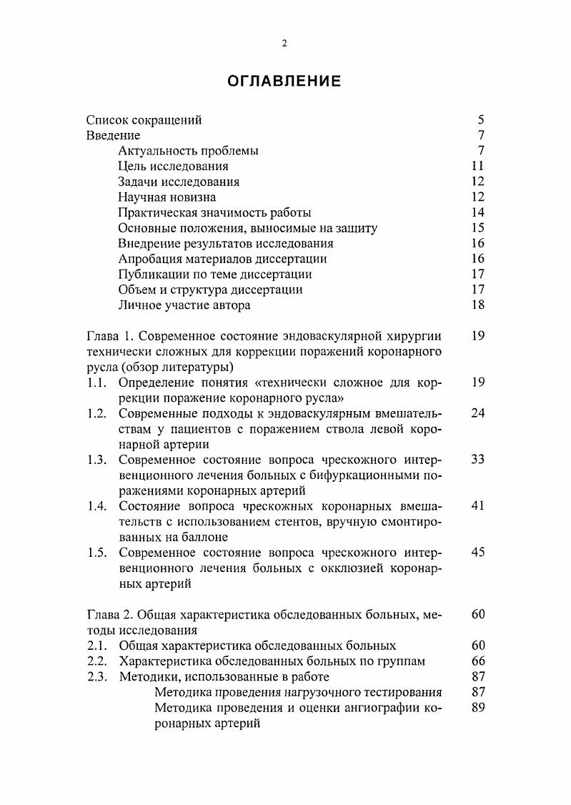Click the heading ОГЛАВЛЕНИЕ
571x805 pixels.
(284, 82)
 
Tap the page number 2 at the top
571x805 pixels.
(284, 44)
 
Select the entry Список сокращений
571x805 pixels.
(144, 120)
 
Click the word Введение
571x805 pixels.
(113, 136)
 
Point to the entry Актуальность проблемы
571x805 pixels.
(188, 151)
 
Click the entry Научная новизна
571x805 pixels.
(167, 197)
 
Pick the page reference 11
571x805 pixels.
(478, 167)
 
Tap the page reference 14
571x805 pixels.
(478, 212)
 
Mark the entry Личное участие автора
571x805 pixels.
(184, 305)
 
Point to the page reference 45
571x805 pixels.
(478, 553)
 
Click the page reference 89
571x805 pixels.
(478, 708)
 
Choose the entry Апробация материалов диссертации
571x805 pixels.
(222, 259)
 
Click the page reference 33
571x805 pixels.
(478, 460)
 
